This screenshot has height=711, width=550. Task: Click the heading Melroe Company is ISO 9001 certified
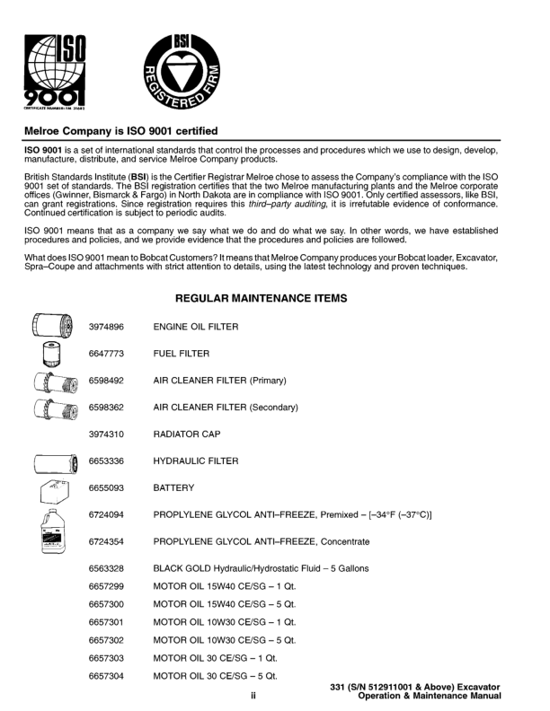[x=120, y=131]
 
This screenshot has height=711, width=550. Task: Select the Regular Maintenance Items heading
[x=274, y=297]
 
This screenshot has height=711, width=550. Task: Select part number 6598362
[x=106, y=408]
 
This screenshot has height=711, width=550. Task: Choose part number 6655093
[x=106, y=488]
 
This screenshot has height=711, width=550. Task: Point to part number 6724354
[x=106, y=541]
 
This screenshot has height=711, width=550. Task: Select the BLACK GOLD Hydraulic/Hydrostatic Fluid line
[x=261, y=569]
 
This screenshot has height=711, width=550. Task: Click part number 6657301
[x=106, y=621]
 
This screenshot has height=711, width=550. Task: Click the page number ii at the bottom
[x=253, y=694]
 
